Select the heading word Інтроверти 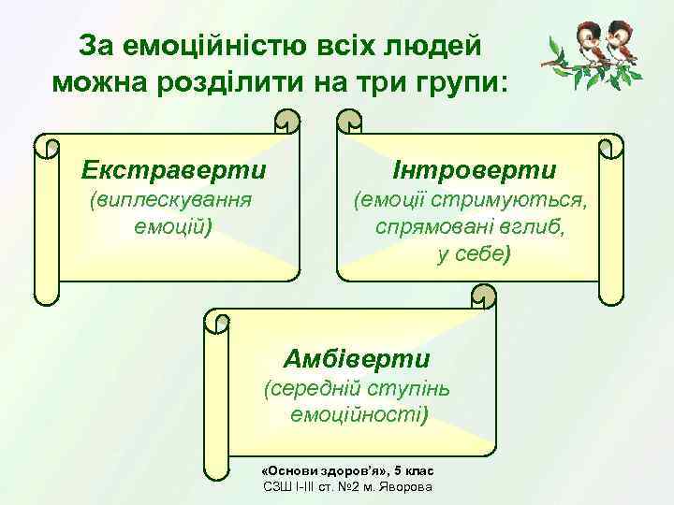tap(475, 169)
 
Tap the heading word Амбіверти tap(357, 358)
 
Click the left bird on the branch tap(590, 40)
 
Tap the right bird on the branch tap(619, 40)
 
